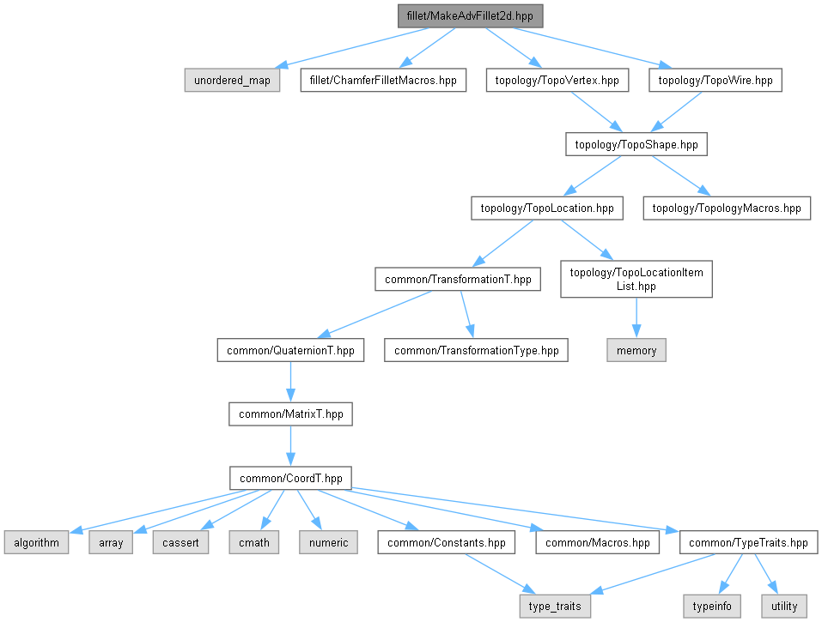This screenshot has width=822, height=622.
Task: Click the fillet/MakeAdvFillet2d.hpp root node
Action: click(471, 16)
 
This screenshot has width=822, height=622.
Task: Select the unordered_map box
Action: click(232, 81)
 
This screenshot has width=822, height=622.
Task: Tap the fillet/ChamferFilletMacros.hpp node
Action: click(383, 81)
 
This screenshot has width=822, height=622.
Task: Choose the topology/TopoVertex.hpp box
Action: click(557, 81)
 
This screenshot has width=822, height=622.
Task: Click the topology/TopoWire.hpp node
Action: click(715, 81)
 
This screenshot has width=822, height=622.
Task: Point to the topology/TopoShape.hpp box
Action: click(636, 144)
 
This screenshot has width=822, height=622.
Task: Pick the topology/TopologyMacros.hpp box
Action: click(727, 208)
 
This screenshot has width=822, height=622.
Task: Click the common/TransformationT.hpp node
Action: click(458, 279)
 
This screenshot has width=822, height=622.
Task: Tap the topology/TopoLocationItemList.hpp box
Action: click(636, 279)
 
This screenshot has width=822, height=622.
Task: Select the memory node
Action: click(636, 350)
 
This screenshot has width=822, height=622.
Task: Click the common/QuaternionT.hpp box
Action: click(290, 350)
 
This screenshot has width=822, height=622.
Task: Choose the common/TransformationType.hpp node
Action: click(476, 350)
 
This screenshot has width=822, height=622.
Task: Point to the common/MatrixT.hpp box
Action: click(290, 414)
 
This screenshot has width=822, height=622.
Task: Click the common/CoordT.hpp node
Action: click(290, 478)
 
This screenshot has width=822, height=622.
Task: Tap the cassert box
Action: click(181, 542)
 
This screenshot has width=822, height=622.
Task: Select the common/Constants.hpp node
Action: click(447, 542)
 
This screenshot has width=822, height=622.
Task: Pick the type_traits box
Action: click(556, 606)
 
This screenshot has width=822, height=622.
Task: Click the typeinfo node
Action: click(712, 606)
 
